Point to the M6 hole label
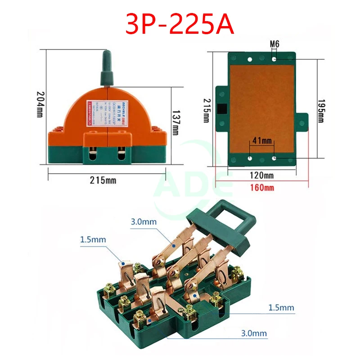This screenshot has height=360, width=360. (x=274, y=45)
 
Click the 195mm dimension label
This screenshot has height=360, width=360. (x=321, y=111)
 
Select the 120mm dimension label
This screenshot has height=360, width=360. (x=262, y=175)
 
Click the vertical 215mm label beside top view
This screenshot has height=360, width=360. (x=207, y=111)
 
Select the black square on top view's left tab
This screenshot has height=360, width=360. (x=222, y=109)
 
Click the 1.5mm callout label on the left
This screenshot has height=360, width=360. (x=93, y=239)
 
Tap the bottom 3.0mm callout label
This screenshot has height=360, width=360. (x=254, y=333)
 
